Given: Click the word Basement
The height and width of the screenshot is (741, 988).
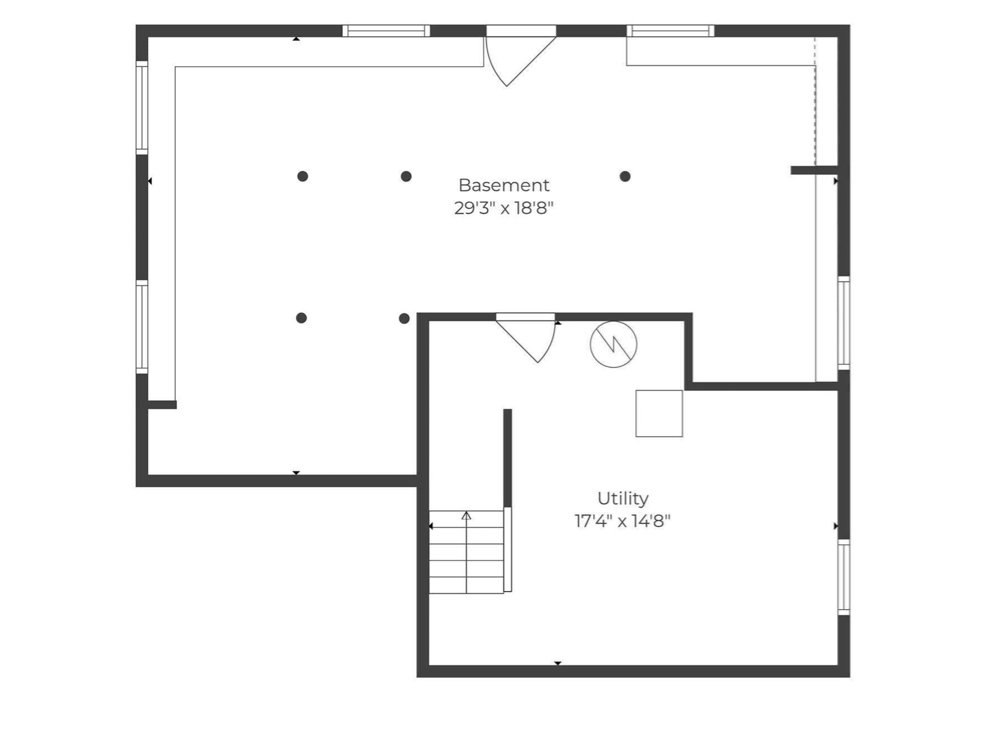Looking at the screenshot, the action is pos(504,185).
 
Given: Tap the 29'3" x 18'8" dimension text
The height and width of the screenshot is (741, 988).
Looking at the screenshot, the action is pos(504,208).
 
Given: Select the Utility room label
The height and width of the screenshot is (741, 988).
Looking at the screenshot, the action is pos(623,498).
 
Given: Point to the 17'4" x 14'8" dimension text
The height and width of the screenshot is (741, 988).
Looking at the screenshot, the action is pos(623,521).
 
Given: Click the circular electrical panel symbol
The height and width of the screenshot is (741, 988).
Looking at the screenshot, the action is pos(613,344).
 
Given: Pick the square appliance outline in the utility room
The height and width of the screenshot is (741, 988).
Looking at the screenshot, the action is pos(659,413).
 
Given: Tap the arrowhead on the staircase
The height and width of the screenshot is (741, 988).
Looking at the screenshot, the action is pos(466,516).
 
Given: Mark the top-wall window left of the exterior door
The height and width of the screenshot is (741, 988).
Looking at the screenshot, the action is pos(386,31).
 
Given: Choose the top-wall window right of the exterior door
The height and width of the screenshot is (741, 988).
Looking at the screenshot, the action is pos(670,31).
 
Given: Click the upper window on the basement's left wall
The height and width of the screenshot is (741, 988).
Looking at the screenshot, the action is pos(142,108).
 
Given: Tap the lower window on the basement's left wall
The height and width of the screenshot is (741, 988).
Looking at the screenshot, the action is pos(142,327).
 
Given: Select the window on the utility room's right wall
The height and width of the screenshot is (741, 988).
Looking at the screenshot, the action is pos(844,577).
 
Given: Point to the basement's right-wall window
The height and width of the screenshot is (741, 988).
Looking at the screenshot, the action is pos(844,323).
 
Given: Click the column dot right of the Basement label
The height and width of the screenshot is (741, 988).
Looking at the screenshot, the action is pos(625,177).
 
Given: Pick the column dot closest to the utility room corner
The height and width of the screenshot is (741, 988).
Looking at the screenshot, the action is pos(404,318).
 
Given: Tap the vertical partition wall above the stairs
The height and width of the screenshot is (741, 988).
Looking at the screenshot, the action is pos(508,458).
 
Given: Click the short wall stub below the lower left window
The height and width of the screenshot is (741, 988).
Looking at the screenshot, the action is pos(162,405).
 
